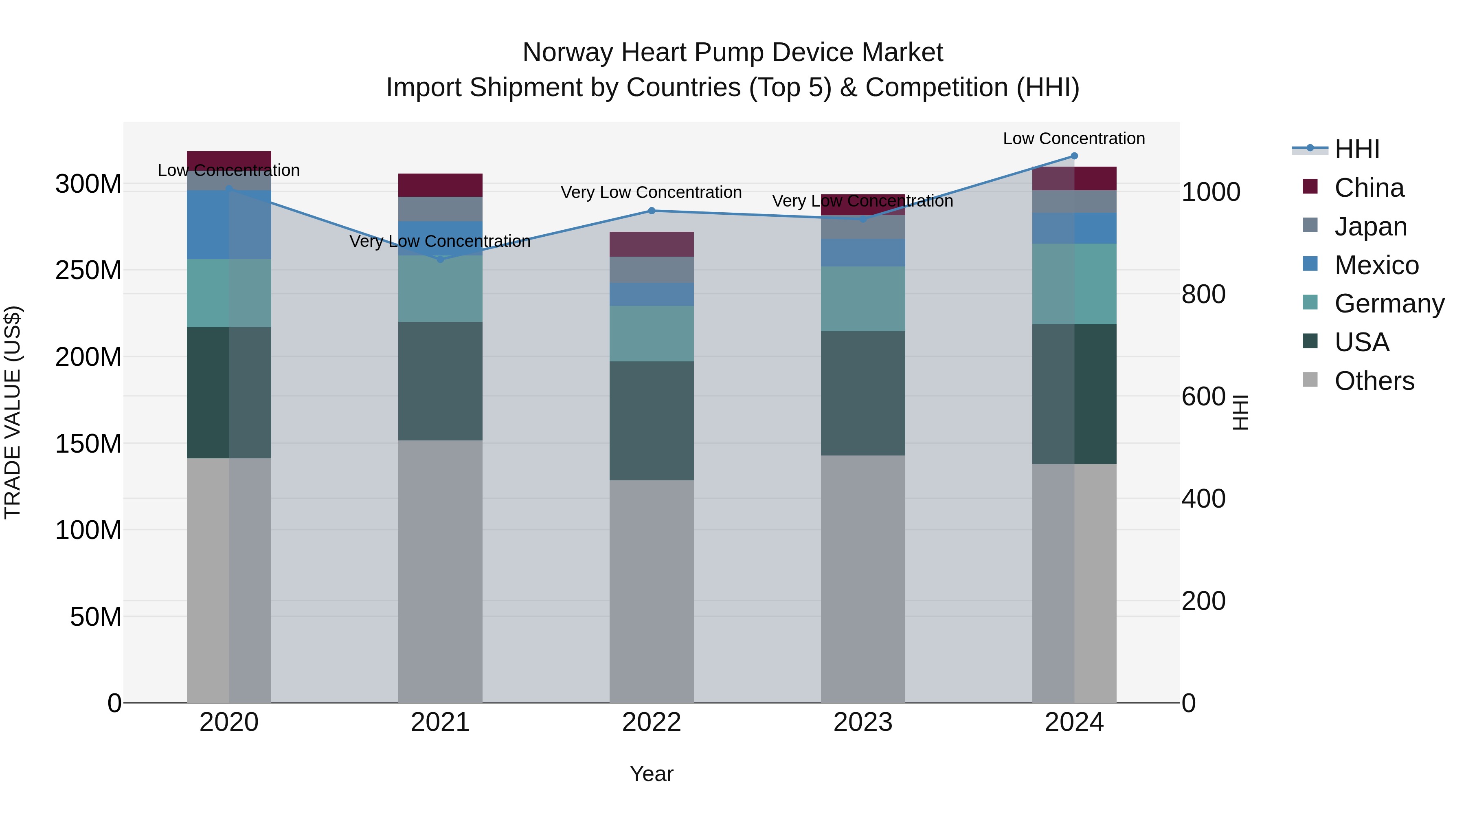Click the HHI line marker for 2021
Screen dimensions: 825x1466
point(440,259)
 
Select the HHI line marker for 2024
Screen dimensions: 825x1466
point(1074,156)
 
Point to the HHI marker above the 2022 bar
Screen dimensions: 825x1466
point(652,211)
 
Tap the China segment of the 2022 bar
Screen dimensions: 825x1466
point(652,244)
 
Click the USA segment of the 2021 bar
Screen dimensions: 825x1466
point(440,381)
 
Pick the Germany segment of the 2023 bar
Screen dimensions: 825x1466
point(863,299)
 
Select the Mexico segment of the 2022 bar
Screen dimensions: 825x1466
point(652,295)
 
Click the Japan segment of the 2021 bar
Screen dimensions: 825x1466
point(440,209)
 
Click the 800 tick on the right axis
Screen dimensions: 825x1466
point(1203,295)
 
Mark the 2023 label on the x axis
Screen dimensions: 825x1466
point(863,722)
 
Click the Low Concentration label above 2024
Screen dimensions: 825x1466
point(1073,139)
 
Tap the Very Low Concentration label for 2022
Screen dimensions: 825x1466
point(651,192)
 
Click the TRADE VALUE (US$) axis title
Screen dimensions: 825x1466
point(13,412)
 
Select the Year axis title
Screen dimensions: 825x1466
point(651,774)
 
